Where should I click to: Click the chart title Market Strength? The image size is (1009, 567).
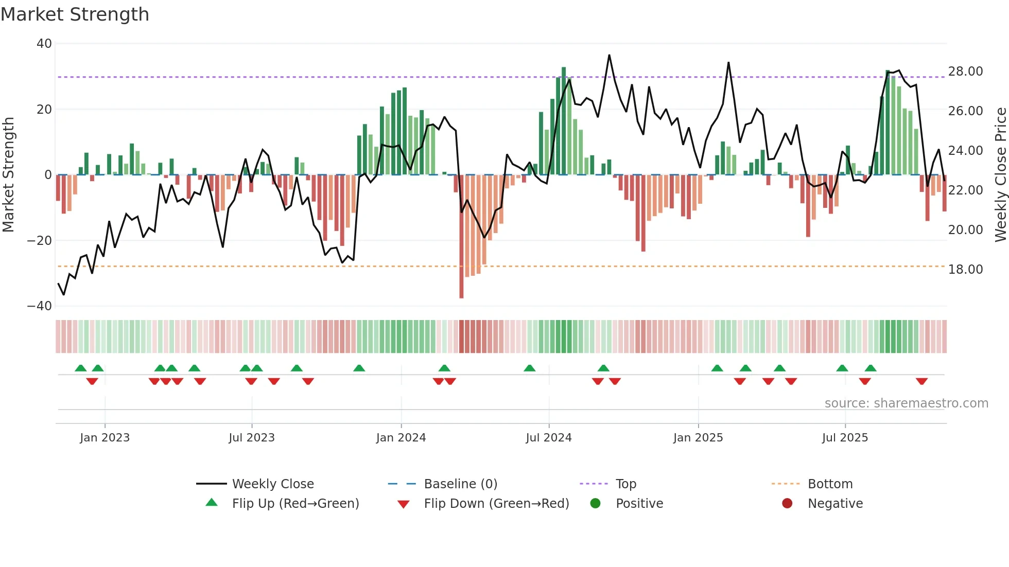pyautogui.click(x=75, y=14)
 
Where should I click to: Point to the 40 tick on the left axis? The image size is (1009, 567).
pyautogui.click(x=44, y=44)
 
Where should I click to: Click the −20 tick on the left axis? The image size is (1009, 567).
pyautogui.click(x=40, y=240)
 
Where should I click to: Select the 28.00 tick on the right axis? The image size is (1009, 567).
pyautogui.click(x=965, y=72)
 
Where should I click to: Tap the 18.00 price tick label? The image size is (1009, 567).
pyautogui.click(x=965, y=270)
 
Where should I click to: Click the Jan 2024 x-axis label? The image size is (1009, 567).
pyautogui.click(x=401, y=438)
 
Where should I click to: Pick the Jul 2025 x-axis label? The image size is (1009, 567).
pyautogui.click(x=845, y=438)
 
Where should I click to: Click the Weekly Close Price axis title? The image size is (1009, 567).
pyautogui.click(x=1000, y=174)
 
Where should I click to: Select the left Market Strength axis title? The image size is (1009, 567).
pyautogui.click(x=8, y=174)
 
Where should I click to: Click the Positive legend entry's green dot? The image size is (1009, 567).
pyautogui.click(x=595, y=504)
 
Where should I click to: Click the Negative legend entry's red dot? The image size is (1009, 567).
pyautogui.click(x=787, y=504)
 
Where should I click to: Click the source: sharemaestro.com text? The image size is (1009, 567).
pyautogui.click(x=906, y=403)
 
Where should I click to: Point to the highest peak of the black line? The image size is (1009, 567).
pyautogui.click(x=609, y=55)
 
